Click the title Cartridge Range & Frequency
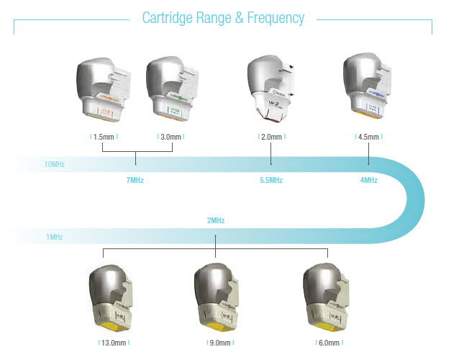(x=222, y=17)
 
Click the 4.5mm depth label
(x=369, y=136)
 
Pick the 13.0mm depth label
(x=114, y=343)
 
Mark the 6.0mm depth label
(x=328, y=343)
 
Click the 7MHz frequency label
(x=135, y=180)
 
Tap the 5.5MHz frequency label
(x=270, y=180)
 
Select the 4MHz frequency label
(x=369, y=180)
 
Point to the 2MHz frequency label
(x=216, y=220)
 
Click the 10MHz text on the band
(x=55, y=165)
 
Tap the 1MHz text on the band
(x=53, y=236)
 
